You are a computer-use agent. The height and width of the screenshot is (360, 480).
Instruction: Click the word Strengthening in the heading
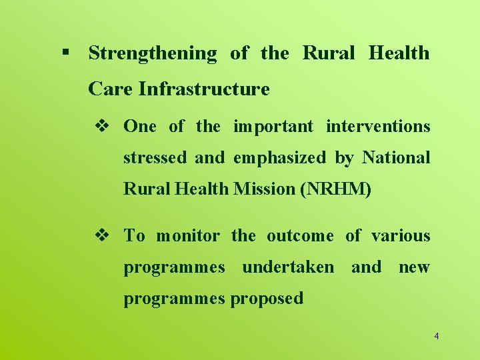[x=153, y=54]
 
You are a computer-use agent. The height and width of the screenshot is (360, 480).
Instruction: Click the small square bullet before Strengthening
[x=65, y=52]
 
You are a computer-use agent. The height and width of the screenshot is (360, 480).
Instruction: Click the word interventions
[x=378, y=126]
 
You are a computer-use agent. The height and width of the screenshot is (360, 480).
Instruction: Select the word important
[x=273, y=126]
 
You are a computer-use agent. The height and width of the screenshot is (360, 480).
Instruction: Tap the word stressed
[x=155, y=158]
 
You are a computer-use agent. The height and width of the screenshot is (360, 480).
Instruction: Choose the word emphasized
[x=280, y=158]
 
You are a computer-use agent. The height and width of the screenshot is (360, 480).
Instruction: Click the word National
[x=396, y=158]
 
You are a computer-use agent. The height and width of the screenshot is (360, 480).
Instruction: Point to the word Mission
[x=265, y=189]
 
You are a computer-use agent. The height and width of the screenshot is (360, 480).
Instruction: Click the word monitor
[x=187, y=235]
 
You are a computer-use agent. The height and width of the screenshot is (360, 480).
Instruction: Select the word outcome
[x=300, y=235]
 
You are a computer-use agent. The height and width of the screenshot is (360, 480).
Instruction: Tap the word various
[x=401, y=235]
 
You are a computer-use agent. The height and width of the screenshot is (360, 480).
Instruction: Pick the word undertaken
[x=287, y=267]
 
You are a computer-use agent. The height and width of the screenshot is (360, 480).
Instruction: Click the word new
[x=414, y=267]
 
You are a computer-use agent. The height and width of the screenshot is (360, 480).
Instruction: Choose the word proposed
[x=267, y=299]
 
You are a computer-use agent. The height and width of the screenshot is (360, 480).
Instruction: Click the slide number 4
[x=436, y=336]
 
